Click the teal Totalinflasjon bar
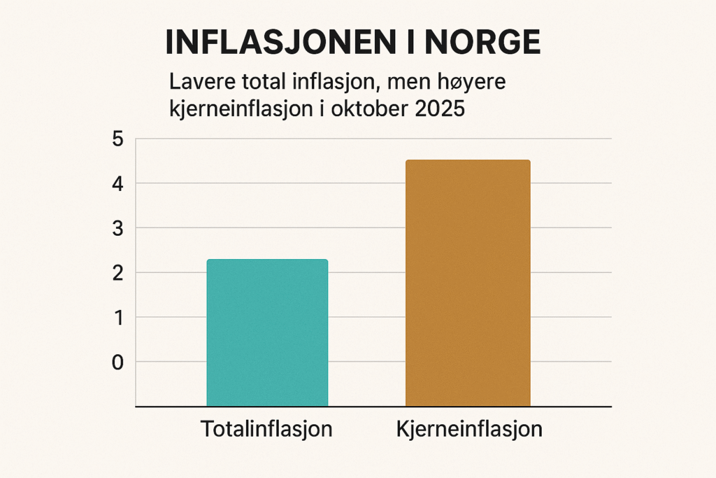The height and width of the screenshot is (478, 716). tap(267, 332)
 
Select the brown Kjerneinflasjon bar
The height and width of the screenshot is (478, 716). tap(468, 283)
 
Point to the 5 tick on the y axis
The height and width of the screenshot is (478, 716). tap(117, 139)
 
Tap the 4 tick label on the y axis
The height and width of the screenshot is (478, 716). tap(117, 183)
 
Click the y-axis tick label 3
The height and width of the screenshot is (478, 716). tap(117, 228)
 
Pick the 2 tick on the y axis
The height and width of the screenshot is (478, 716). tap(117, 272)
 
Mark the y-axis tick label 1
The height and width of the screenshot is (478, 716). tap(117, 317)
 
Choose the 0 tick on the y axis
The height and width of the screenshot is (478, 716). tap(117, 362)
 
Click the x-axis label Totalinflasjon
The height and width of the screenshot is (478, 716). tap(266, 428)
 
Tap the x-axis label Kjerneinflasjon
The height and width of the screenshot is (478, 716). tap(468, 428)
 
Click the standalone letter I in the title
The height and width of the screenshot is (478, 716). tap(414, 43)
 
